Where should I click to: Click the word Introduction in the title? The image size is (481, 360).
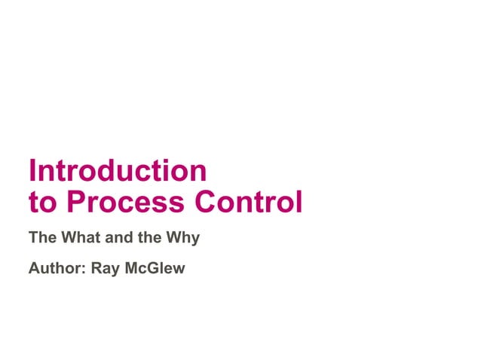pos(117,171)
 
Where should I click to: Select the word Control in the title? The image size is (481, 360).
pos(249,202)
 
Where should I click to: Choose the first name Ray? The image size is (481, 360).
pos(105,269)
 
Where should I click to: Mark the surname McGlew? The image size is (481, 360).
pos(155,268)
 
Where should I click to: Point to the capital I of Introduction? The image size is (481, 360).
pos(32,171)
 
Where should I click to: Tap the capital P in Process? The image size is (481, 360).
pos(75,202)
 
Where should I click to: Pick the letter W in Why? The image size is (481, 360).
pos(175,238)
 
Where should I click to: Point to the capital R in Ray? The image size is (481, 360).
pos(96,268)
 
